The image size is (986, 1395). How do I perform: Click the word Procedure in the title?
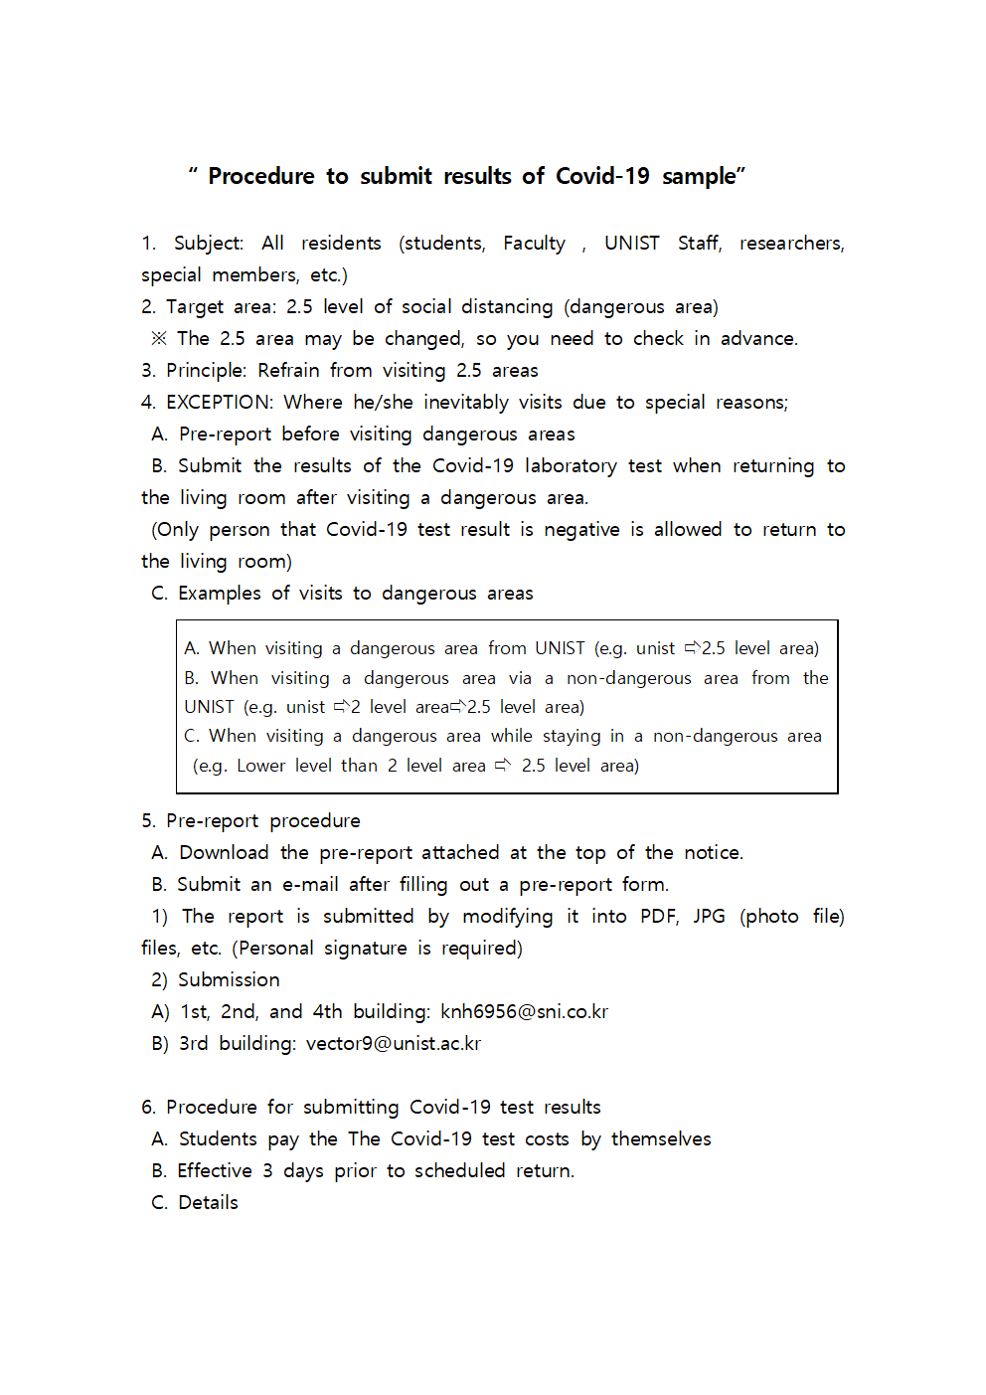260,177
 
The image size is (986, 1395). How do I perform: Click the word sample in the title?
699,177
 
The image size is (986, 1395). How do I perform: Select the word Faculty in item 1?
534,244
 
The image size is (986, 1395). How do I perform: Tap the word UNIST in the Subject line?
631,244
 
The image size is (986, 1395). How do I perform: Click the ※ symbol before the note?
159,339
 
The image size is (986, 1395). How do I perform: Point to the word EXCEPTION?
219,403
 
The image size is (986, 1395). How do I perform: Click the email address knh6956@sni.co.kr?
524,1012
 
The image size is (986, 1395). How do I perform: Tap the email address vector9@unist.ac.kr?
393,1044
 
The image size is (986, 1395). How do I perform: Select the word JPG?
709,917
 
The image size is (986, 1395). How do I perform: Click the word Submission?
229,980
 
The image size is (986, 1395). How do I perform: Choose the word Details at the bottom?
208,1203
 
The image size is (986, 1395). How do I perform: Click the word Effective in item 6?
215,1171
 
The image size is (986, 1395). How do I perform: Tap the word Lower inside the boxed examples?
260,766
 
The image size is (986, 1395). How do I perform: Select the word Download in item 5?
224,853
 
